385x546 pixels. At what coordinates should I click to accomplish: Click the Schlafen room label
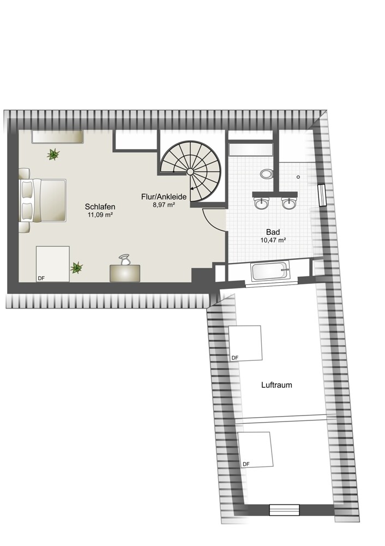coord(100,207)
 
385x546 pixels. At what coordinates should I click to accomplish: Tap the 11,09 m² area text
coord(100,215)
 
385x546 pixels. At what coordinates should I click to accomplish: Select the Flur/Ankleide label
coord(164,197)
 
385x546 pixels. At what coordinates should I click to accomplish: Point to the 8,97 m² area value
coord(164,205)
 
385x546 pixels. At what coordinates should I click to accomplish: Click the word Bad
coord(273,232)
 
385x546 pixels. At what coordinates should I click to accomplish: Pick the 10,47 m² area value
coord(273,240)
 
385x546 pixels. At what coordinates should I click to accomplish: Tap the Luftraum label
coord(276,385)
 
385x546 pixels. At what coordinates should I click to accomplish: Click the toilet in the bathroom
coord(267,174)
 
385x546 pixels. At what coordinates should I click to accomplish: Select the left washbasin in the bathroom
coord(262,203)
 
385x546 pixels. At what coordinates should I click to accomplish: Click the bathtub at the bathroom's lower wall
coord(270,271)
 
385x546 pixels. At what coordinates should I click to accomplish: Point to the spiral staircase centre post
coord(190,171)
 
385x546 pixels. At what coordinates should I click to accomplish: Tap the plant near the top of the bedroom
coord(53,154)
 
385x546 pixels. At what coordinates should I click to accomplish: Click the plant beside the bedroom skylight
coord(76,268)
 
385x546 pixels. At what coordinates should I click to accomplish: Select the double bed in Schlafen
coord(43,200)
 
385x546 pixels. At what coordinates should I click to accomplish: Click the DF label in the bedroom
coord(41,278)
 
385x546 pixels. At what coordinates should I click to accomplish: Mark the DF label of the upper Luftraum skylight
coord(235,358)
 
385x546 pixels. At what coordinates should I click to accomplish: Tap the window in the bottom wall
coord(285,510)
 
